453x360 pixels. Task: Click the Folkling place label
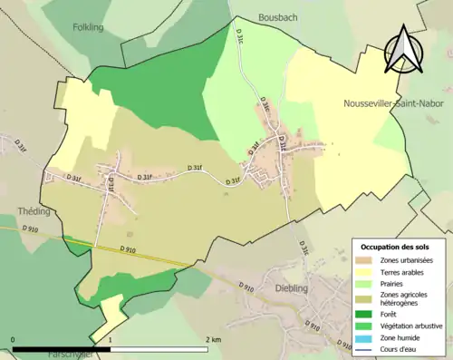click(88, 27)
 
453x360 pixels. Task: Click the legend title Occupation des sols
click(395, 247)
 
